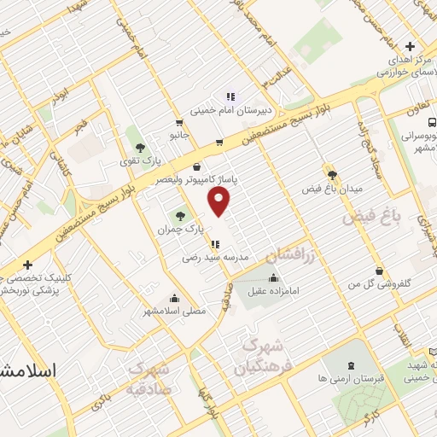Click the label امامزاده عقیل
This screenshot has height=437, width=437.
(273, 292)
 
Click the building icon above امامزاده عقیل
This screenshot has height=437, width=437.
(273, 278)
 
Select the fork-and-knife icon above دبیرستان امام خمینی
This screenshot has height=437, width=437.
(229, 96)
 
